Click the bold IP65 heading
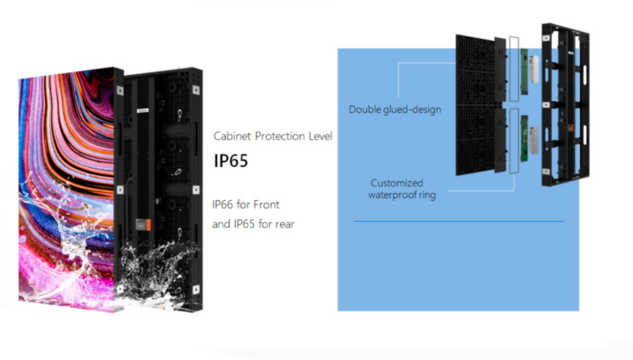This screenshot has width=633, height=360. tap(231, 161)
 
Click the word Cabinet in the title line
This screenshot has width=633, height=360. tap(233, 136)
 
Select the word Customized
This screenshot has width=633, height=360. tap(397, 182)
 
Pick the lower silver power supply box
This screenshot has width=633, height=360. tap(533, 138)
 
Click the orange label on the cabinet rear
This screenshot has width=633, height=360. tap(145, 224)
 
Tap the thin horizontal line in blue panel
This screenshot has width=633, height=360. tap(458, 221)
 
